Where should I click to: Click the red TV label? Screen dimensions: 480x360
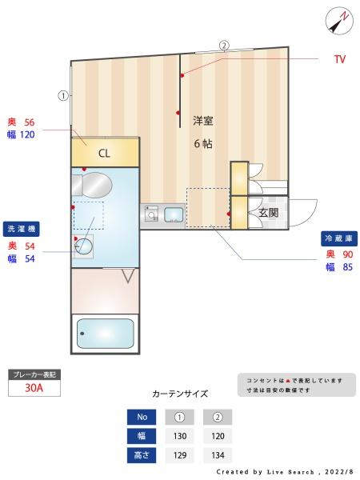coord(339,60)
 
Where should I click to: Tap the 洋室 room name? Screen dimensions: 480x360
coord(202,121)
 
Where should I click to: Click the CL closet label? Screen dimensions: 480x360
coord(105,153)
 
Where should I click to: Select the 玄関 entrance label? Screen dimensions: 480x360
coord(267,213)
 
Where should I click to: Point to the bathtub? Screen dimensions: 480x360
coord(105,333)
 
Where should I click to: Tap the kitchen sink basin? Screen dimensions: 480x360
coord(174,214)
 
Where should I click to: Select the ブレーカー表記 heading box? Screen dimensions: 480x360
coord(34,374)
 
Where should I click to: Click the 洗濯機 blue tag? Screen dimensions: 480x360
coord(22,229)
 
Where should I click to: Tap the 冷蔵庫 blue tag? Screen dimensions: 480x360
coord(338,238)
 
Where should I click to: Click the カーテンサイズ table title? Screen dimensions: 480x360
coord(180,394)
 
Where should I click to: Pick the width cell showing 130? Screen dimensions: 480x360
coord(180,436)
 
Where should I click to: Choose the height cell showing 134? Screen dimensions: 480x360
coord(218,455)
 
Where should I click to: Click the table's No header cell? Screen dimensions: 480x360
coord(142,417)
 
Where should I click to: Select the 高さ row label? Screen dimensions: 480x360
coord(142,455)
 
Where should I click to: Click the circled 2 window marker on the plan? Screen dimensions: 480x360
coord(224,46)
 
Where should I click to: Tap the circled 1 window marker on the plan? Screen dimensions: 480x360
coord(63,96)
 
